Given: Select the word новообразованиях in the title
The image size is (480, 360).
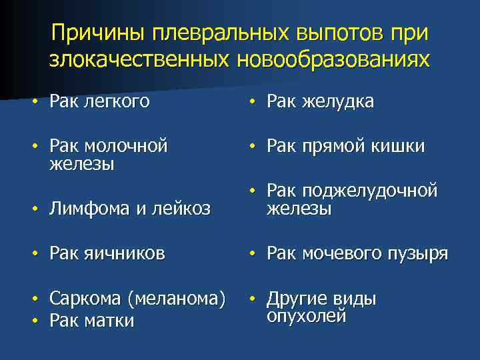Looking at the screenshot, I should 333,59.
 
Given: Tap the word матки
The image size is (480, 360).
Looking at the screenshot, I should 110,321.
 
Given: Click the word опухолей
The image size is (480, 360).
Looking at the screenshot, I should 306,315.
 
